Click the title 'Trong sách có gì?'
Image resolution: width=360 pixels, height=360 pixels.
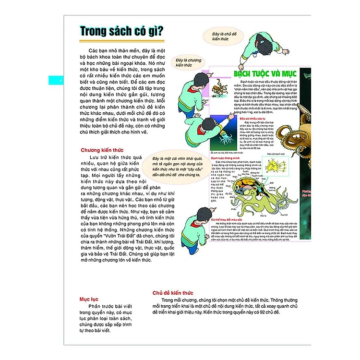coord(122,32)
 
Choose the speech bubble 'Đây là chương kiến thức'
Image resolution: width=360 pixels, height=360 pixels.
coord(188,60)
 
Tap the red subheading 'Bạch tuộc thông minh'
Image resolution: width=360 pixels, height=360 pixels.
coord(225,158)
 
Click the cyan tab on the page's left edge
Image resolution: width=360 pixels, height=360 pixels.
coord(60,80)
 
